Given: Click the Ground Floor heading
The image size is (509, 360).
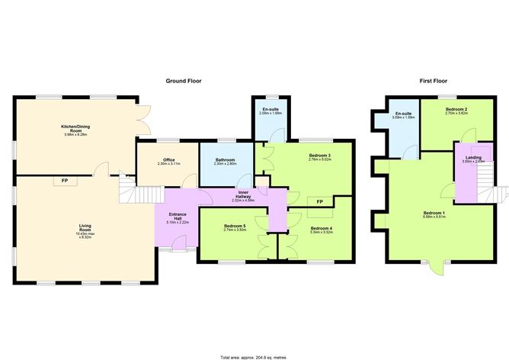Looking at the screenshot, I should pos(184,80).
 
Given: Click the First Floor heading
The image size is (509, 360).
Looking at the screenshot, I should pos(434,80).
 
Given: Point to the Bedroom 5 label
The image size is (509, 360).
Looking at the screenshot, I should pos(235,228).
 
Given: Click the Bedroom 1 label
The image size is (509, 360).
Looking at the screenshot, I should pos(434,214).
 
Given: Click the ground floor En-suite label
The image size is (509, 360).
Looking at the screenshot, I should pos(271,111).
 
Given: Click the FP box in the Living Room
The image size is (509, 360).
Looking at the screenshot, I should pos(59,182).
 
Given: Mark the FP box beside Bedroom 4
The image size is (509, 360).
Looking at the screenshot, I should pos(319,201).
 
